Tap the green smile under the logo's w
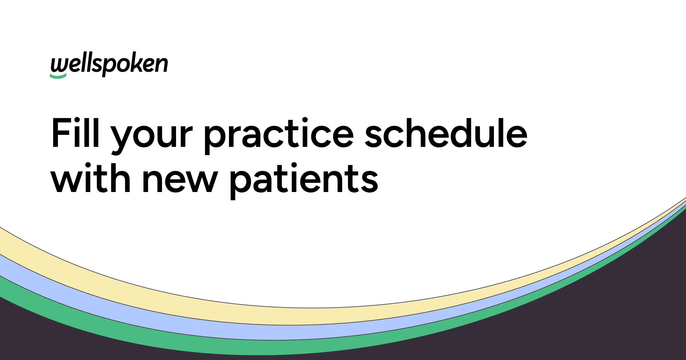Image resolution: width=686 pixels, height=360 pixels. click(58, 76)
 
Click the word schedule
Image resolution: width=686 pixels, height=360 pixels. click(446, 133)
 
